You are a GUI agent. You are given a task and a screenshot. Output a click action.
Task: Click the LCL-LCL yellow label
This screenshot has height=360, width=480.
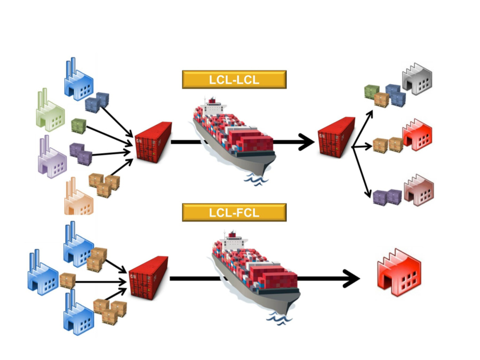(234, 79)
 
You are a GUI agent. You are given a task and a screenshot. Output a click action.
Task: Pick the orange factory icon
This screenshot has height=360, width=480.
(78, 198)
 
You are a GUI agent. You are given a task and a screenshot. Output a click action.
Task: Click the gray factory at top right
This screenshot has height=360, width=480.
(417, 79)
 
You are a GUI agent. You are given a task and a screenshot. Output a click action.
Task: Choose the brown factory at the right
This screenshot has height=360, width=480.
(418, 188)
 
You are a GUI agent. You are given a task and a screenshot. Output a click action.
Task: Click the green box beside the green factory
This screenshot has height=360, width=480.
(78, 126)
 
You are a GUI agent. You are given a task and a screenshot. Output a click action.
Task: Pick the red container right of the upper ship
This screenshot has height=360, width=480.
(336, 136)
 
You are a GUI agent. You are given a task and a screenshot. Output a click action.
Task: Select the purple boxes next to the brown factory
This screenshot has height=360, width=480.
(387, 197)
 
